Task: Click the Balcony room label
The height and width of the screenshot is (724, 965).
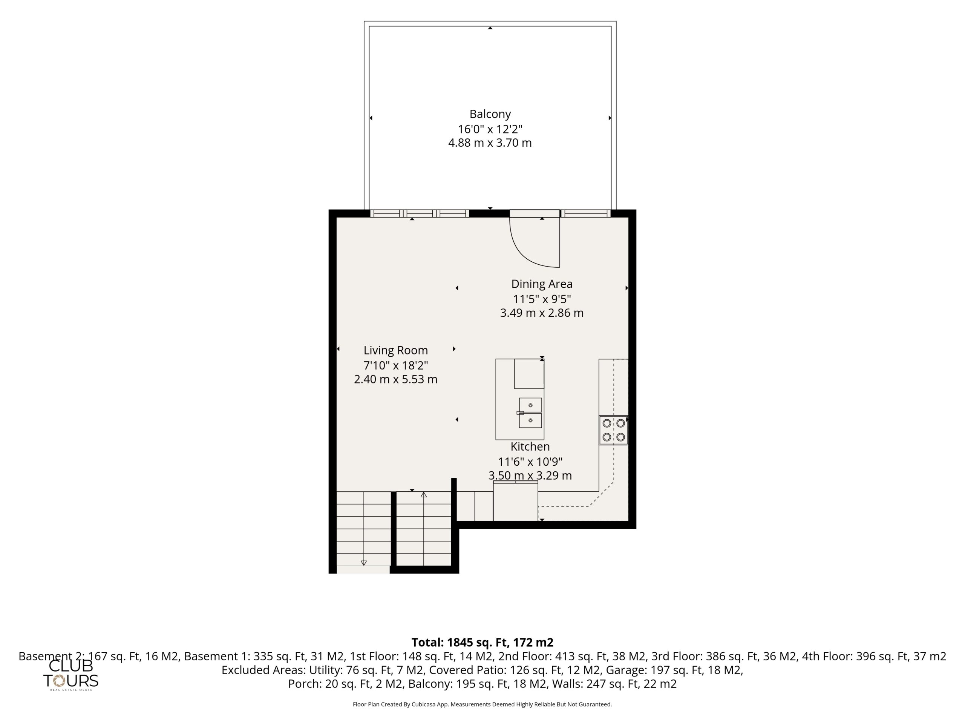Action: tap(490, 114)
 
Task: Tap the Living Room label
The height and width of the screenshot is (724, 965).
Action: tap(396, 350)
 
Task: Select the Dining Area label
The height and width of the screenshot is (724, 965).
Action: tap(542, 284)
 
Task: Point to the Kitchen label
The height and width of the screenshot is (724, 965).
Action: tap(530, 446)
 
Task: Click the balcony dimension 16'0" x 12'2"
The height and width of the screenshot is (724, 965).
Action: tap(490, 129)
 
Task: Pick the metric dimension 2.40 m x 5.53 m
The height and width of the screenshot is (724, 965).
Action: tap(396, 379)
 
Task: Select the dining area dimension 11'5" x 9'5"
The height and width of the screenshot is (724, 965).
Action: tap(542, 299)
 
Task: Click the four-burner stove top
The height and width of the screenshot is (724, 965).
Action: tap(613, 430)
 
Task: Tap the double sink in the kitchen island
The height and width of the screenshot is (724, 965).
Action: tap(530, 413)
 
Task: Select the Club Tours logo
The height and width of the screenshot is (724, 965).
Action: tap(70, 674)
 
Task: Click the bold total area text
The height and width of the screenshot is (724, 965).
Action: tap(482, 643)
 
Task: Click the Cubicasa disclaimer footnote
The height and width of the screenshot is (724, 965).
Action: tap(482, 704)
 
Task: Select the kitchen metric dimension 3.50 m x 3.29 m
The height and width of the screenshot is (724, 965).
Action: tap(530, 475)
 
